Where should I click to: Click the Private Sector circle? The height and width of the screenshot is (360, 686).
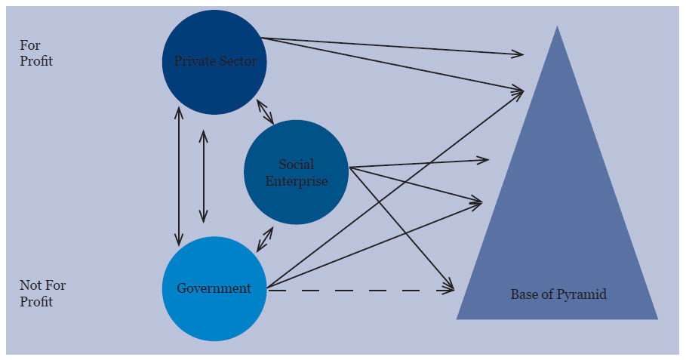point(214,62)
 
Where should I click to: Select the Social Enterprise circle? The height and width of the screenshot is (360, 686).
point(296,172)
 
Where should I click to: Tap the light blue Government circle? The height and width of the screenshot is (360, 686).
point(214,289)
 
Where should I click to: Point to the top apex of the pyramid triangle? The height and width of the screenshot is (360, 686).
point(557,28)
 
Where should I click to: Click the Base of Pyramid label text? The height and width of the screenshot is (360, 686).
point(558,294)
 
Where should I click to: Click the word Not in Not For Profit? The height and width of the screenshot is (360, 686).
point(30,285)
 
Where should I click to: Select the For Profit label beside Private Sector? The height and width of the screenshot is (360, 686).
point(35,54)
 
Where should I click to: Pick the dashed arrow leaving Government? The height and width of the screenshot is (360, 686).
point(355,290)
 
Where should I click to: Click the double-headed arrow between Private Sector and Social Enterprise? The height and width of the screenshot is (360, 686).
point(265,111)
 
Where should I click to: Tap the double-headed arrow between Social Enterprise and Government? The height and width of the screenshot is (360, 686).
point(264,238)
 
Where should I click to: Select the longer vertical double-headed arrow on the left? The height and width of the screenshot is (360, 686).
point(179,176)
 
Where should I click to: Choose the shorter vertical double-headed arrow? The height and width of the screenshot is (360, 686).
point(203,176)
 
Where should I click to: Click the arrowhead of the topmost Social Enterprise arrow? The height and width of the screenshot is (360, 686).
point(484,159)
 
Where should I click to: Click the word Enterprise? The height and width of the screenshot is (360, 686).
point(297,181)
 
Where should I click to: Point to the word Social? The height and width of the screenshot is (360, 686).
point(297,165)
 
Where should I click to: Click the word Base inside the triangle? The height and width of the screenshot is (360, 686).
point(524,294)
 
